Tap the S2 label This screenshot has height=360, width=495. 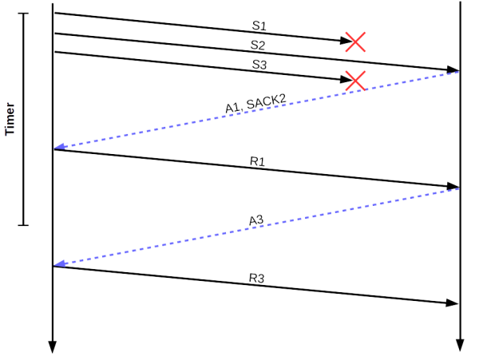257,45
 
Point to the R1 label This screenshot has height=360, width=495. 257,161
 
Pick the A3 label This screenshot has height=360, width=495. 256,220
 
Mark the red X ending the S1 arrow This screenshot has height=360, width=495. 355,42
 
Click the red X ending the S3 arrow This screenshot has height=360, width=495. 354,80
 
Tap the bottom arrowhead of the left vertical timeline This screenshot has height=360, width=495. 53,346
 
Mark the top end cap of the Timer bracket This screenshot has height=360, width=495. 23,14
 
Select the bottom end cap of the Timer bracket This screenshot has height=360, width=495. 23,225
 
